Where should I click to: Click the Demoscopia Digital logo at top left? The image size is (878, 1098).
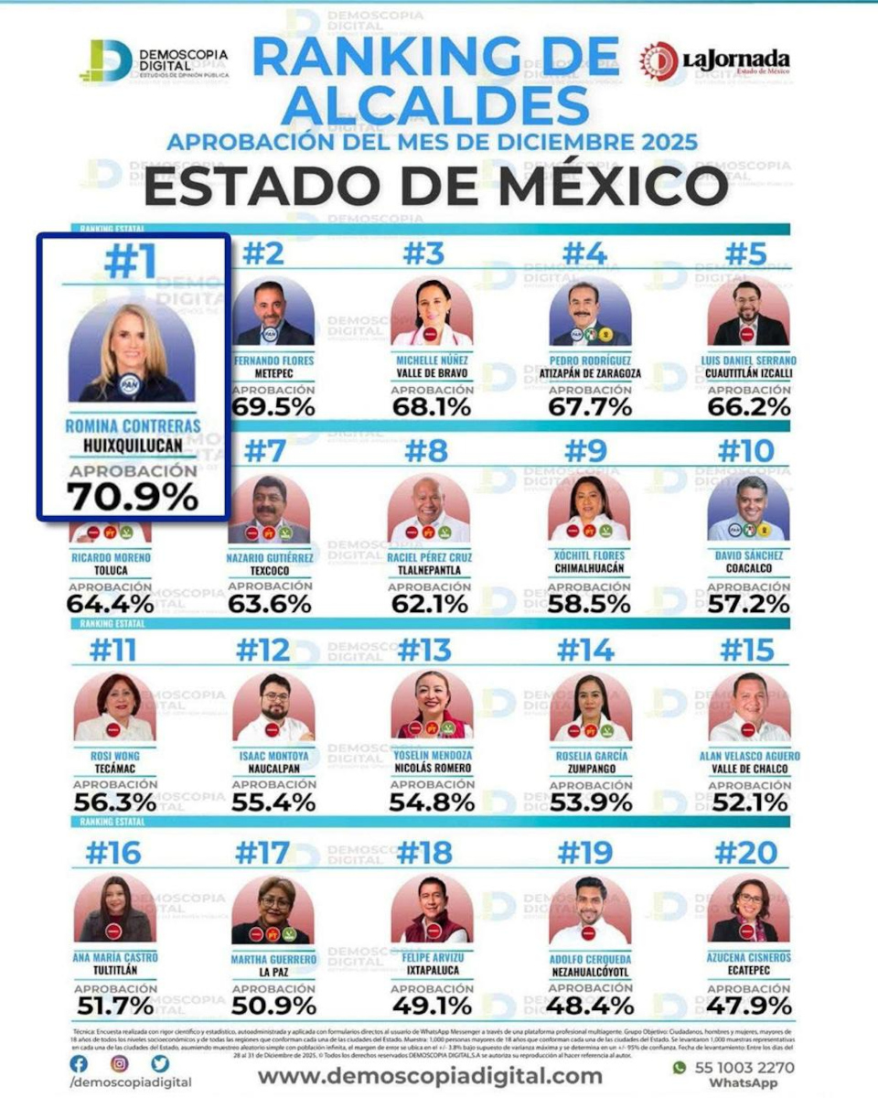pos(153,62)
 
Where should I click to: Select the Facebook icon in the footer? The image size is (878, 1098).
pos(80,1064)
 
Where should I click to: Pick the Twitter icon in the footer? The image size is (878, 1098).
pos(160,1064)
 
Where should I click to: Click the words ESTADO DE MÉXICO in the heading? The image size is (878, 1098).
pos(435,188)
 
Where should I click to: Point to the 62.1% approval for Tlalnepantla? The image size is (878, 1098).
pos(432,604)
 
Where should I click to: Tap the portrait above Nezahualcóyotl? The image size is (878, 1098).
pos(590,910)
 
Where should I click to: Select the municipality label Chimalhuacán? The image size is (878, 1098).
pos(590,569)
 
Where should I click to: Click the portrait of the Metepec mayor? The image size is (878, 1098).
pos(273,312)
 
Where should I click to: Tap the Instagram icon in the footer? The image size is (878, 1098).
pos(120,1064)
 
